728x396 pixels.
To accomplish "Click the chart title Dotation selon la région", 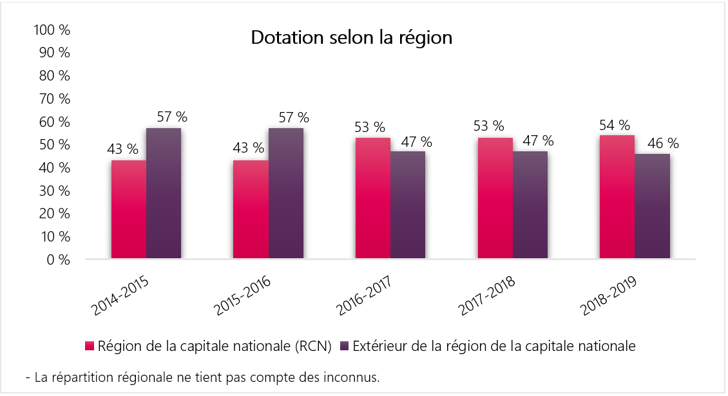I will pos(351,38).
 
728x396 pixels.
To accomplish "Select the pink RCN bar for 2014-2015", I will pos(129,210).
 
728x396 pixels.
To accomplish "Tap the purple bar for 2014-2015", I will pos(164,194).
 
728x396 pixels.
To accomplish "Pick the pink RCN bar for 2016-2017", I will pos(373,198).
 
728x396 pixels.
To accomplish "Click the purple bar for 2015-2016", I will pos(286,194).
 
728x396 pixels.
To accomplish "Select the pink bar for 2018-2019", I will pos(617,197).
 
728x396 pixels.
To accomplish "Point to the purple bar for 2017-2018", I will pos(530,205).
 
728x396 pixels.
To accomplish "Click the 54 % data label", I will pos(615,126).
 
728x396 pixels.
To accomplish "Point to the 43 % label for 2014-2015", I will pos(122,149).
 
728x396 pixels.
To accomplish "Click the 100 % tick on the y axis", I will pos(55,30).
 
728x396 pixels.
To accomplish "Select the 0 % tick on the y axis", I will pos(59,259).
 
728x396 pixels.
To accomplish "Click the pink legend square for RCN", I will pos(90,346).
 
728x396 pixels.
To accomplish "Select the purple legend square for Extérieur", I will pos(345,346).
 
